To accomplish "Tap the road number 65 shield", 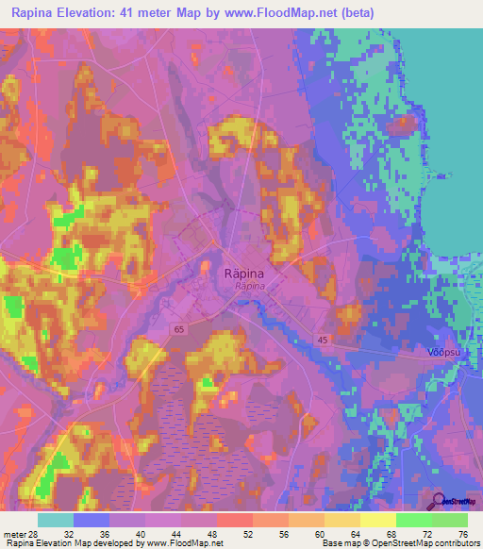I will tap(179, 328).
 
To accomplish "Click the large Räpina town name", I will tap(242, 272).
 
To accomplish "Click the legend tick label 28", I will tap(34, 535).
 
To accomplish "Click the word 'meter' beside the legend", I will tap(13, 535).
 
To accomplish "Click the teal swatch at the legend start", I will tap(55, 520).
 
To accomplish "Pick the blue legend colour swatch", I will tap(91, 520).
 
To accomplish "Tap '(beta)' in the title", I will tap(358, 13).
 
